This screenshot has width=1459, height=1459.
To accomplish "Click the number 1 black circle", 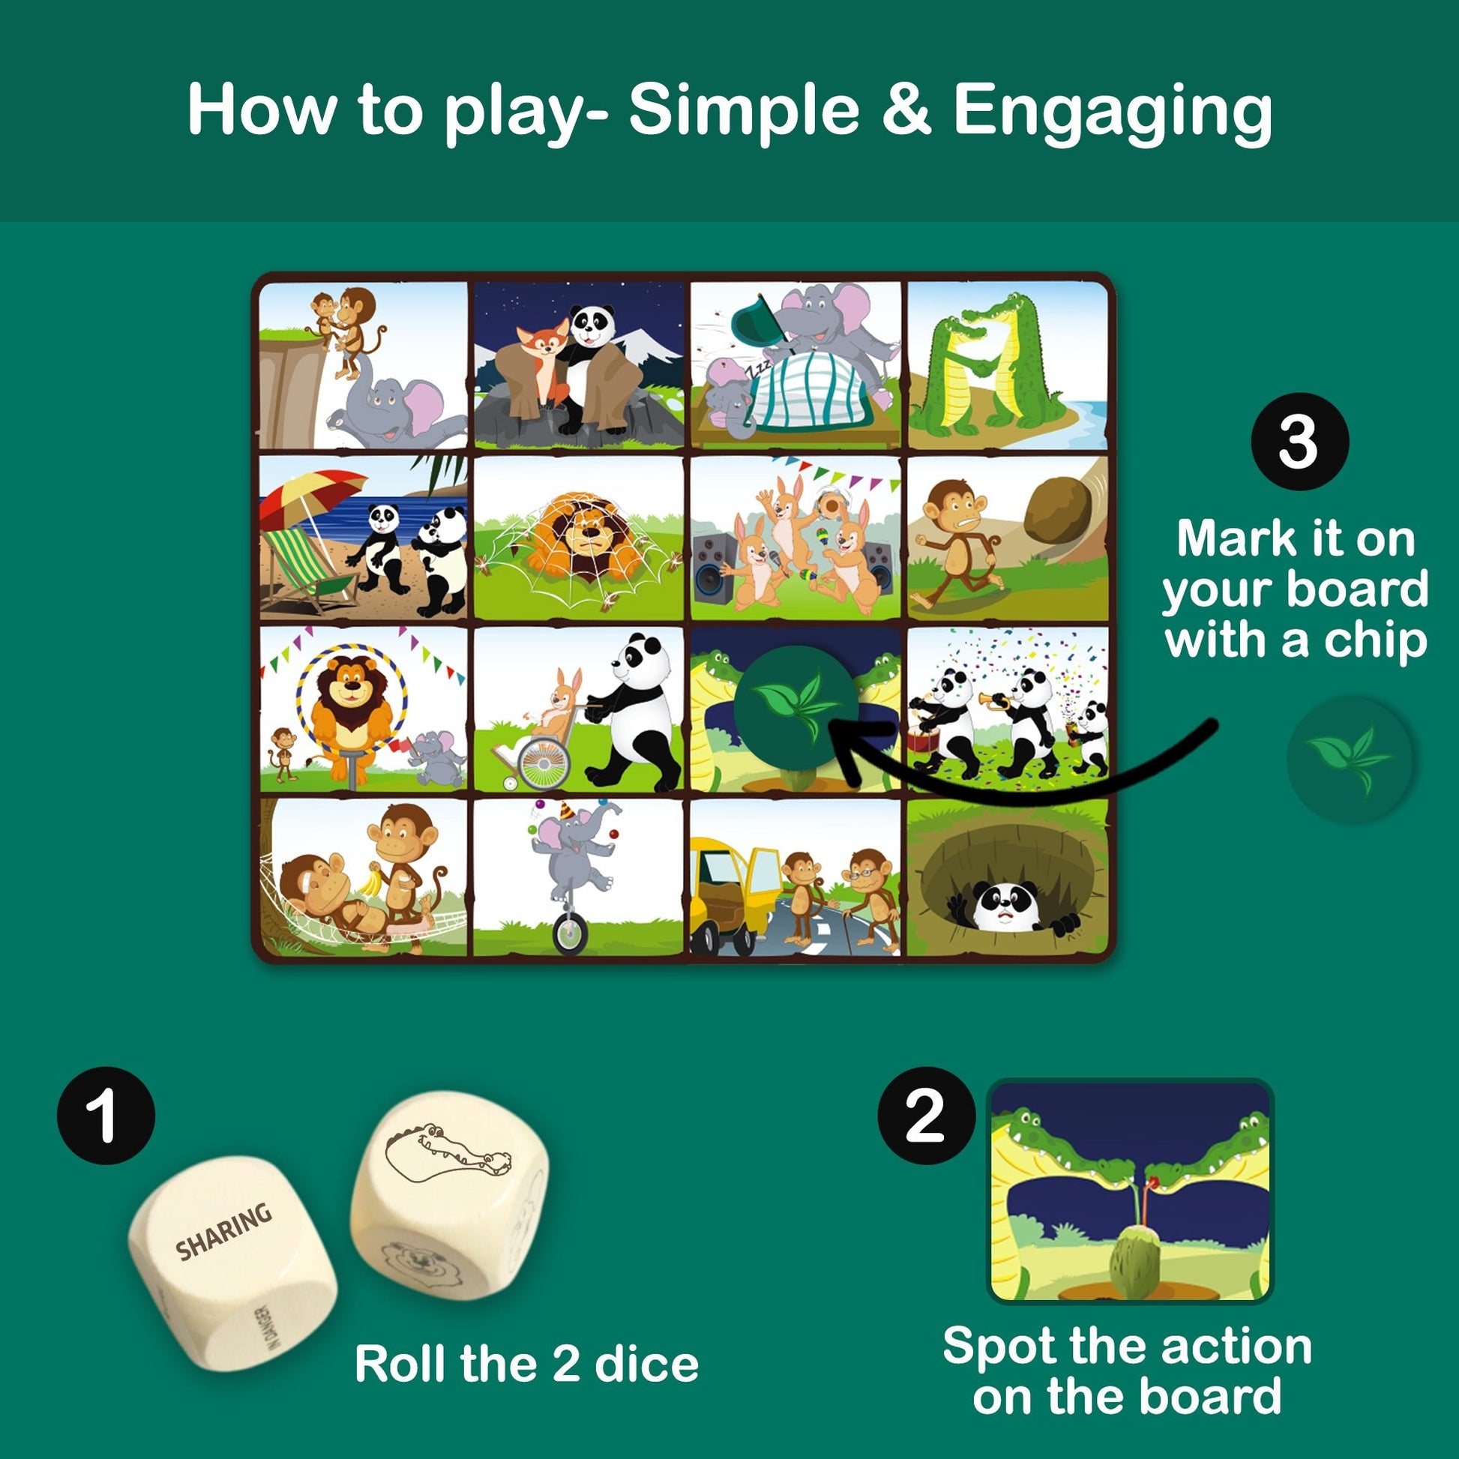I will [x=106, y=1116].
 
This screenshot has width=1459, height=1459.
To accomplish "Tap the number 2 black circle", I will [x=926, y=1116].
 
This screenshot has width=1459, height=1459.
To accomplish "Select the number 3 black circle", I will [x=1299, y=442].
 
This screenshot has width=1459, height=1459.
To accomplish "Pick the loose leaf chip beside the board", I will [x=1350, y=758].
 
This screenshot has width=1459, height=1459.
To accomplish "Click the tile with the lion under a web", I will [x=580, y=538].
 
